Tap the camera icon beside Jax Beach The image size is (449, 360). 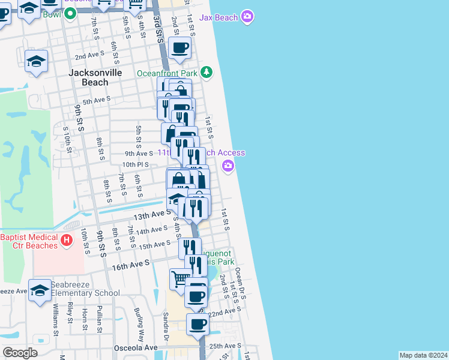click(x=247, y=17)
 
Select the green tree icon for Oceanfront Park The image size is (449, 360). click(x=206, y=73)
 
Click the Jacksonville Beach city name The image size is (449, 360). click(x=95, y=77)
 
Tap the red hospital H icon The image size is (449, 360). click(x=67, y=241)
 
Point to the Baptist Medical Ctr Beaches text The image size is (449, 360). click(x=29, y=241)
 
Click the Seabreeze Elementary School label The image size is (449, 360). click(x=85, y=289)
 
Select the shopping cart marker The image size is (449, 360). click(x=180, y=278)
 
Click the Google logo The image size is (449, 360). click(x=20, y=352)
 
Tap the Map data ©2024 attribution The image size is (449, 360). click(x=423, y=355)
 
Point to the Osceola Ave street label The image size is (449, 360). click(x=136, y=347)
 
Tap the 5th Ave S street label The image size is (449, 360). click(x=97, y=100)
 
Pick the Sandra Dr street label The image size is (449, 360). click(x=165, y=332)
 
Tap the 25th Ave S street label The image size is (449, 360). click(x=225, y=346)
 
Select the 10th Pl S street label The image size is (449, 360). click(x=135, y=164)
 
